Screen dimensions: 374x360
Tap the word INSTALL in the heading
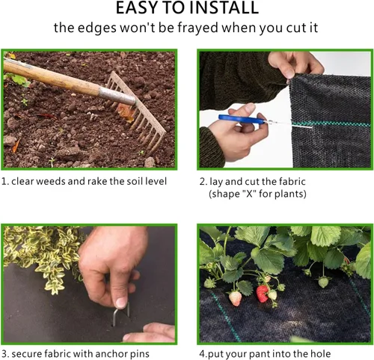[x=224, y=7]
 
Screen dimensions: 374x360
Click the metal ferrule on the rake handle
[x=117, y=95]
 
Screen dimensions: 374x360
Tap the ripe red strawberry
[x=263, y=293]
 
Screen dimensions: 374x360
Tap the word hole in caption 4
[x=320, y=354]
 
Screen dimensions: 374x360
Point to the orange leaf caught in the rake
[x=126, y=112]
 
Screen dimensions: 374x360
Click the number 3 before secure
[x=4, y=354]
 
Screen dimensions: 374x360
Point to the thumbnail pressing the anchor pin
[x=122, y=303]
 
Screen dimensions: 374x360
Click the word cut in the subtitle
[x=295, y=28]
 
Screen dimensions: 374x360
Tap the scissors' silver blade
[x=289, y=124]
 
